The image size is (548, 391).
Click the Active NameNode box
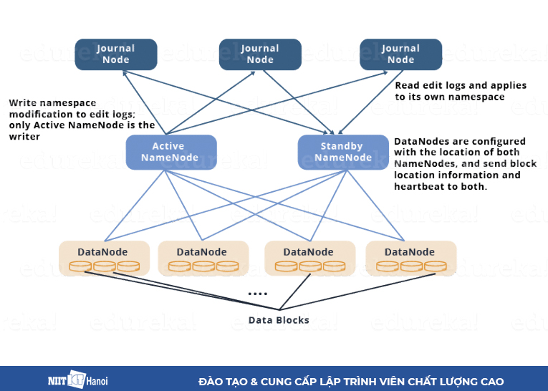click(x=162, y=152)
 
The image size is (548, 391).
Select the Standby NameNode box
click(x=338, y=152)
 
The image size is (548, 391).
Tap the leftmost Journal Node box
click(x=116, y=54)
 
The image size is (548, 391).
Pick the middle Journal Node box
click(x=260, y=54)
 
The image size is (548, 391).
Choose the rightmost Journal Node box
click(x=400, y=54)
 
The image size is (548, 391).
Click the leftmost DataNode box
click(x=104, y=258)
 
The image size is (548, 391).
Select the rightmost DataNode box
click(x=410, y=258)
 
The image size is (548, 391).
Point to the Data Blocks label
click(x=279, y=320)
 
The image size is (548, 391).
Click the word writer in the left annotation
click(x=24, y=135)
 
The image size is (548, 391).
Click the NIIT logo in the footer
click(x=66, y=380)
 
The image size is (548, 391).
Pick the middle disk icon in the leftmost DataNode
click(x=104, y=266)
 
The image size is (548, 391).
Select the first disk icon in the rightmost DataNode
click(x=387, y=266)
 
